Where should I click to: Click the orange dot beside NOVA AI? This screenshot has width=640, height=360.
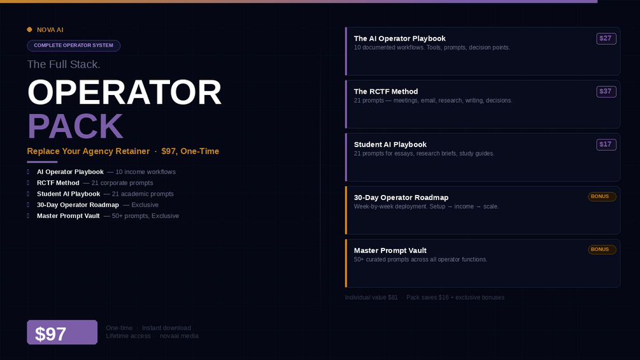(x=29, y=29)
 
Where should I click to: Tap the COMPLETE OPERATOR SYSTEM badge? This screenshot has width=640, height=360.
(x=73, y=45)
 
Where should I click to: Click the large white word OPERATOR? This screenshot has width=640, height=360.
(x=124, y=92)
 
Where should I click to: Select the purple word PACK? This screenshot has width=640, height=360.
(x=75, y=126)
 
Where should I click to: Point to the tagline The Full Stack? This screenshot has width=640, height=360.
(x=64, y=64)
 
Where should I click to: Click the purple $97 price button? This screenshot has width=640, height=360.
(x=62, y=332)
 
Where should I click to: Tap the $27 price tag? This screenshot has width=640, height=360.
(x=606, y=38)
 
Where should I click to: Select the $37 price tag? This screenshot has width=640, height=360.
(x=606, y=91)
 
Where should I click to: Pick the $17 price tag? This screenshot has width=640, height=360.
(x=606, y=145)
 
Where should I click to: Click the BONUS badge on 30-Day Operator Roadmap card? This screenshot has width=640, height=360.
(x=602, y=197)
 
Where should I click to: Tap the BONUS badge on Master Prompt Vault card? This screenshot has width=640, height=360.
(x=602, y=250)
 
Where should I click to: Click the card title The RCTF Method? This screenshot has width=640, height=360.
(x=386, y=91)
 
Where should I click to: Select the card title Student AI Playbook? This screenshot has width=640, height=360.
(x=390, y=145)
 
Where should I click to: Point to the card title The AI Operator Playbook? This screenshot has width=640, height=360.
(x=399, y=38)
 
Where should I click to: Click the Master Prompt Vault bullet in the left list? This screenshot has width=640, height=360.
(x=68, y=216)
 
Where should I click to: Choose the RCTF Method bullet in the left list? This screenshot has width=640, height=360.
(x=58, y=183)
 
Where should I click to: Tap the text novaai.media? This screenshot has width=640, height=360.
(x=179, y=336)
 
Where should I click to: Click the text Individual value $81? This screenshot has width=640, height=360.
(x=371, y=298)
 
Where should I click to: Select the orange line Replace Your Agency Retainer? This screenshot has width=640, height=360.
(x=88, y=151)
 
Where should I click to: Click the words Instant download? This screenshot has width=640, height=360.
(x=166, y=328)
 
